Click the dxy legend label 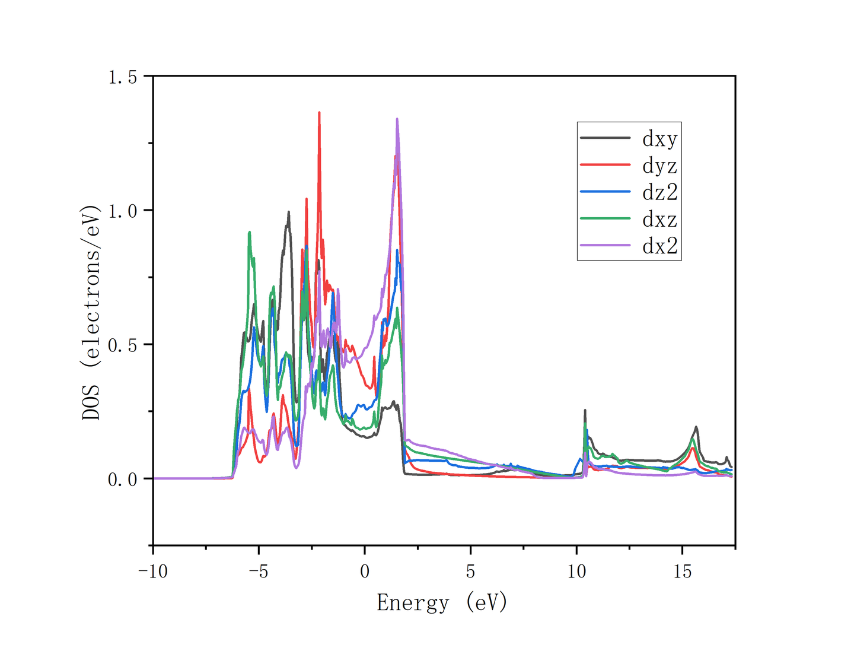pyautogui.click(x=659, y=139)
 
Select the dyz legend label pyautogui.click(x=659, y=166)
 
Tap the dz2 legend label pyautogui.click(x=659, y=192)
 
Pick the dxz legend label pyautogui.click(x=659, y=220)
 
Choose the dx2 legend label pyautogui.click(x=659, y=246)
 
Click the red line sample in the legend pyautogui.click(x=605, y=164)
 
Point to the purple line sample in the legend pyautogui.click(x=605, y=245)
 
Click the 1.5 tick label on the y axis pyautogui.click(x=122, y=77)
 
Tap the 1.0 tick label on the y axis pyautogui.click(x=122, y=211)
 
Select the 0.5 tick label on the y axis pyautogui.click(x=122, y=345)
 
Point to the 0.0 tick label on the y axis pyautogui.click(x=122, y=480)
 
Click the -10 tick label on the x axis pyautogui.click(x=153, y=572)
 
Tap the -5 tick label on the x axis pyautogui.click(x=259, y=572)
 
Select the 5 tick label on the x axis pyautogui.click(x=470, y=572)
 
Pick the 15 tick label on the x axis pyautogui.click(x=683, y=572)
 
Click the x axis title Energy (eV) pyautogui.click(x=442, y=602)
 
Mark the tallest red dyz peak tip pyautogui.click(x=319, y=112)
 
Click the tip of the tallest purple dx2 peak pyautogui.click(x=397, y=119)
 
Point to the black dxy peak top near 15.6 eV pyautogui.click(x=696, y=427)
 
